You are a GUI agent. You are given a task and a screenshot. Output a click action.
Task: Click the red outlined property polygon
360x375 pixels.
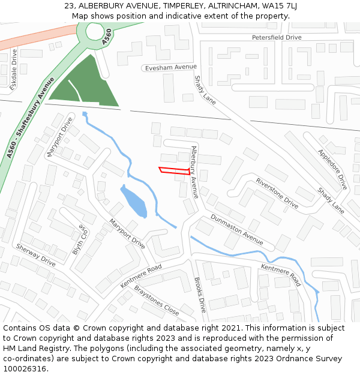tap(174, 170)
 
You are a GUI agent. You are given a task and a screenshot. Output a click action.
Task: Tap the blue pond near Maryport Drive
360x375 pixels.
tap(134, 202)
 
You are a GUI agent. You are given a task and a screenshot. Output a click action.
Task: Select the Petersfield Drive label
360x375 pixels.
tap(277, 37)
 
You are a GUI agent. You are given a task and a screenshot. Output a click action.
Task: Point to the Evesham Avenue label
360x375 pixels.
tap(171, 68)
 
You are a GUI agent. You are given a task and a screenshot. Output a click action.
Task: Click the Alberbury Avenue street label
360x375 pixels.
tap(194, 172)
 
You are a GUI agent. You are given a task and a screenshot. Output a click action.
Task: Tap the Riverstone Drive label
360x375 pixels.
tap(277, 193)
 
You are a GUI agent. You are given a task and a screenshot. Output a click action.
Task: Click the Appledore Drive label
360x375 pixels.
tap(332, 169)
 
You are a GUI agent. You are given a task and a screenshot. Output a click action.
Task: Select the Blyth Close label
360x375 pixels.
tap(80, 240)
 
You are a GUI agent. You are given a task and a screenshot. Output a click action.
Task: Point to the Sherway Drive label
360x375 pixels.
tap(35, 255)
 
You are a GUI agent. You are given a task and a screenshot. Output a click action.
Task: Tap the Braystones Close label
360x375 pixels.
tap(156, 300)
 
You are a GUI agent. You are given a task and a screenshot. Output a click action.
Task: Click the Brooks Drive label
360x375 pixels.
tap(200, 295)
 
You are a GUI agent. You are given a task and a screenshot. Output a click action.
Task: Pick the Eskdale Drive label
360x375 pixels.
tap(14, 65)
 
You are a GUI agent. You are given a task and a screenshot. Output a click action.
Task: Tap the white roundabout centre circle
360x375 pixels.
tap(95, 31)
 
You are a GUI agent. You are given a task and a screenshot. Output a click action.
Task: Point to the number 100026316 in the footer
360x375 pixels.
tap(25, 368)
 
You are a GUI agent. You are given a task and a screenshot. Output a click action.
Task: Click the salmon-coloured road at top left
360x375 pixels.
tap(30, 40)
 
